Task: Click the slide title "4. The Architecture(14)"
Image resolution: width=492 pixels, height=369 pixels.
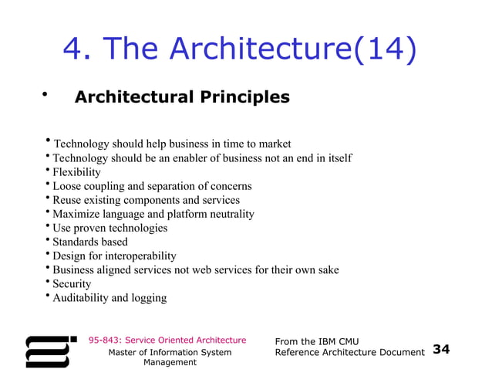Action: [240, 49]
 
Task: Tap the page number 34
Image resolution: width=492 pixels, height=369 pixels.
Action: [441, 350]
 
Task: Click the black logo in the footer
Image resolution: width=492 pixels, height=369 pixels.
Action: [51, 350]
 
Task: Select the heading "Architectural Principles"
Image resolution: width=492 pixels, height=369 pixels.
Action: [182, 97]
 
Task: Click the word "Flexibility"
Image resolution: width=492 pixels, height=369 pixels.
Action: [76, 172]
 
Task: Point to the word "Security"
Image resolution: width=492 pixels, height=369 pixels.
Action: [72, 283]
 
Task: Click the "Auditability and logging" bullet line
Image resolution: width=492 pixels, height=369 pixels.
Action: [109, 297]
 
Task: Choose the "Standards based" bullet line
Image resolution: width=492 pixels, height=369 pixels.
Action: [90, 242]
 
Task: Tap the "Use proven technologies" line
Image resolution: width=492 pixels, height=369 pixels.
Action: [110, 228]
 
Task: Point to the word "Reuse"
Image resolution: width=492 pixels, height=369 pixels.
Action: [67, 200]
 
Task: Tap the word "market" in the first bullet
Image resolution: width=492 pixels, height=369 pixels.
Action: [275, 144]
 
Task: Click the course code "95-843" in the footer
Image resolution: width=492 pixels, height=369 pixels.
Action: [104, 340]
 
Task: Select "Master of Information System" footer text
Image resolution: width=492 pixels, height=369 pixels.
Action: [170, 352]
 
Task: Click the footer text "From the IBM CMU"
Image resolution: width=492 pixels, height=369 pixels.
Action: [317, 341]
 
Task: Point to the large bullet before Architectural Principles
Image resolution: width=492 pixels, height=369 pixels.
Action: [45, 96]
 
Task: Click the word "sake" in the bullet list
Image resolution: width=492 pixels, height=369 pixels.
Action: [327, 269]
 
